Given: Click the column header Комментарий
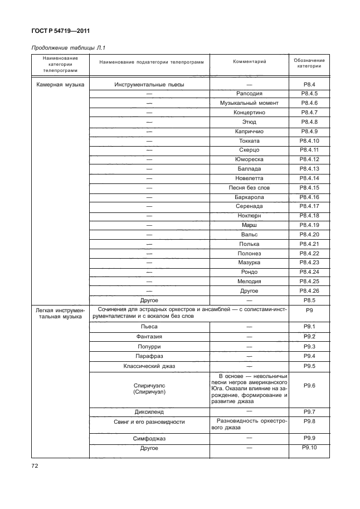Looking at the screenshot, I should click(249, 60).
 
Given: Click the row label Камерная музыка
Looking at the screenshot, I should click(57, 84).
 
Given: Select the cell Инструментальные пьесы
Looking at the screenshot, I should click(149, 84).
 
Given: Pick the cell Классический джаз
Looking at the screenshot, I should click(149, 366).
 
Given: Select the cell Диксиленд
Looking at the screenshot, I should click(149, 412).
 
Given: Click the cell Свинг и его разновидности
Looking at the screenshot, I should click(149, 422).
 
